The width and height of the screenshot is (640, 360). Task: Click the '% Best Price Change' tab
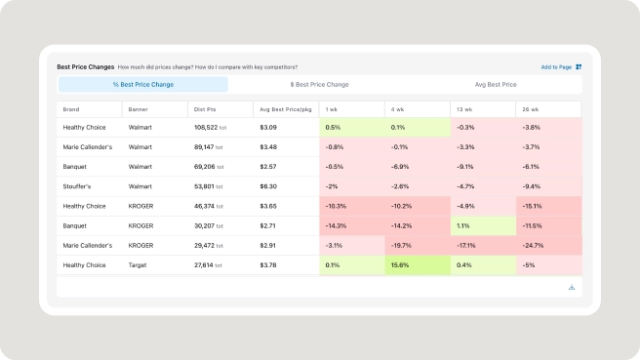(143, 85)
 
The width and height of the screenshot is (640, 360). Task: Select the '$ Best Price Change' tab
(320, 85)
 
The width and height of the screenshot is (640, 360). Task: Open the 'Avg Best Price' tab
(496, 85)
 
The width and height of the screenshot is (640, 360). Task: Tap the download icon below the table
(572, 288)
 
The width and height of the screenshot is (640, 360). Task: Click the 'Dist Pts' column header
(205, 109)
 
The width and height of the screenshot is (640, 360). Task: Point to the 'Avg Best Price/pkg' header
(286, 109)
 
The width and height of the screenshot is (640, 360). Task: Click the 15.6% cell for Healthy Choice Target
(418, 265)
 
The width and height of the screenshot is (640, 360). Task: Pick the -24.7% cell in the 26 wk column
(549, 246)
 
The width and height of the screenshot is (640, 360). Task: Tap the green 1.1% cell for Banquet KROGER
(483, 225)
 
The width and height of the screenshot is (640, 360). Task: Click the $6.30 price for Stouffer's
(268, 186)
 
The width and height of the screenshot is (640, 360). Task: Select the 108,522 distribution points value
(206, 128)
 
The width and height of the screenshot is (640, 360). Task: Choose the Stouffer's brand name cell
(77, 186)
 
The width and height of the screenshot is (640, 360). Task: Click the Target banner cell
(138, 265)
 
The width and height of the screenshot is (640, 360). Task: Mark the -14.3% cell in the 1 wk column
(352, 225)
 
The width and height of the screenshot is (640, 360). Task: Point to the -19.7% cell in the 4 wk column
(418, 246)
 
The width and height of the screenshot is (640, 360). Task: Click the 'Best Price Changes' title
(85, 67)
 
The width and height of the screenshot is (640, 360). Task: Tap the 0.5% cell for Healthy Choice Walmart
(352, 128)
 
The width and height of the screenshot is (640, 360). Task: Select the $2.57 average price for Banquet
(267, 167)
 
